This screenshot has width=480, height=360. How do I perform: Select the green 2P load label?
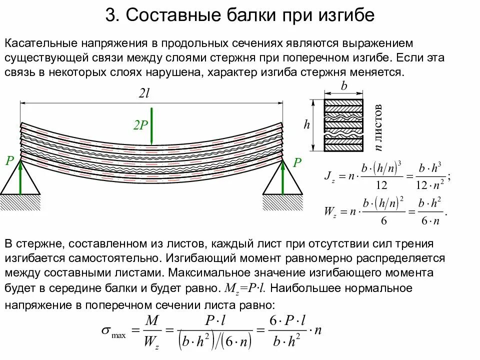pyautogui.click(x=140, y=125)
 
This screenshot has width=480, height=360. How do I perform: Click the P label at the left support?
pyautogui.click(x=9, y=161)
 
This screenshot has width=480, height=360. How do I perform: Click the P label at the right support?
pyautogui.click(x=297, y=162)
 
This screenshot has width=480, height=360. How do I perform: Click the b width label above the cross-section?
pyautogui.click(x=343, y=85)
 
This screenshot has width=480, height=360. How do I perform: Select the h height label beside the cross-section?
pyautogui.click(x=306, y=125)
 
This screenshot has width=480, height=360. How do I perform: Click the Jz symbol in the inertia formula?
pyautogui.click(x=330, y=176)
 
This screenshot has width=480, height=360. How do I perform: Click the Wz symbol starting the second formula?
pyautogui.click(x=330, y=212)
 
